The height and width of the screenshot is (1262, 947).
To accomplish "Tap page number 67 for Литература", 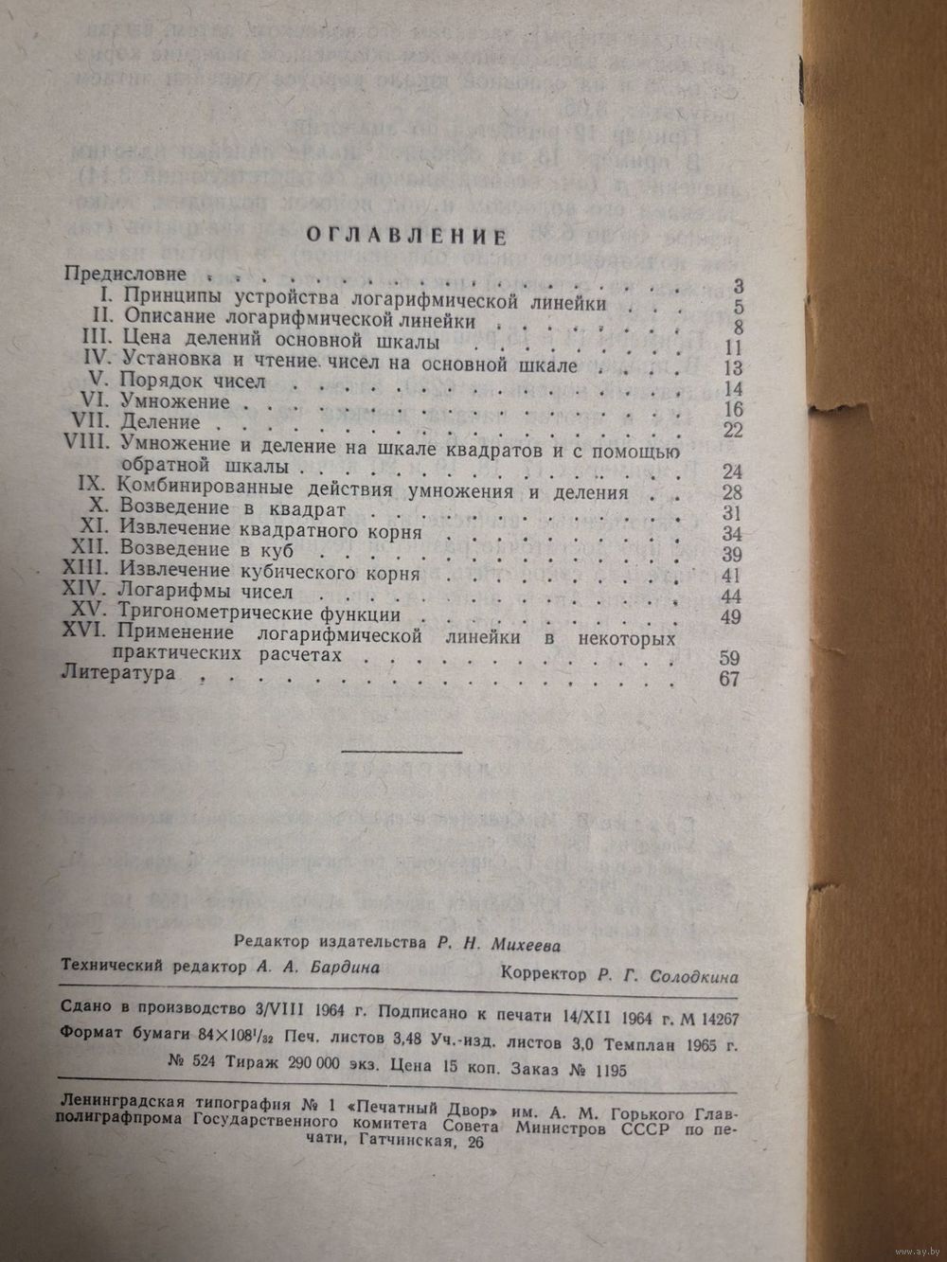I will point(729,679).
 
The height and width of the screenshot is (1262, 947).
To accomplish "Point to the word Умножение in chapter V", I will point(176,401).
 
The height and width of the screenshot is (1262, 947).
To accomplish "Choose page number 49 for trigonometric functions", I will point(729,616).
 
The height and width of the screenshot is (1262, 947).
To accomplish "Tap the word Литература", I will point(117,675).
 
